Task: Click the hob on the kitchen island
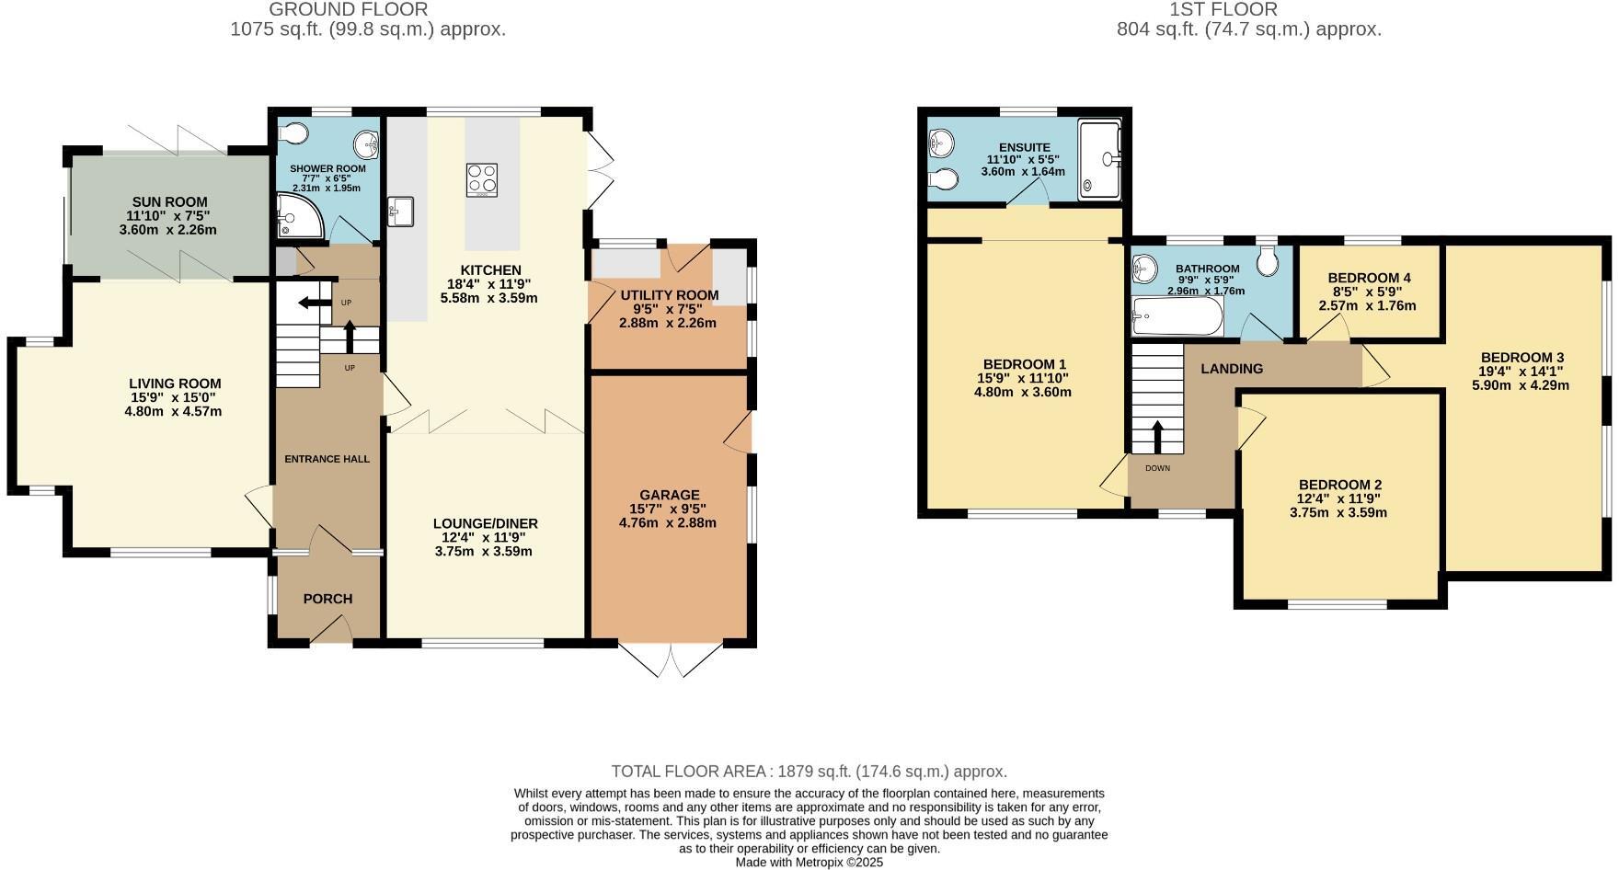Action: pyautogui.click(x=482, y=179)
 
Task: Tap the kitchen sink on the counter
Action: pyautogui.click(x=401, y=211)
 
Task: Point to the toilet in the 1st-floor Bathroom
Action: pyautogui.click(x=1267, y=261)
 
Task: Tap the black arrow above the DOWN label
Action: pyautogui.click(x=1156, y=437)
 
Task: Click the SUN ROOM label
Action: pyautogui.click(x=168, y=201)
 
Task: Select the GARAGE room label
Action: pyautogui.click(x=670, y=495)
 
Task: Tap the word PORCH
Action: pyautogui.click(x=327, y=599)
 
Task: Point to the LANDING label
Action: pyautogui.click(x=1232, y=369)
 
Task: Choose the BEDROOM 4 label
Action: pyautogui.click(x=1369, y=278)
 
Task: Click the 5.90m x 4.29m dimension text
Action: pyautogui.click(x=1521, y=385)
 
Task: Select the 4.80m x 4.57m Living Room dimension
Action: pyautogui.click(x=174, y=411)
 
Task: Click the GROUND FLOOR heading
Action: pyautogui.click(x=348, y=10)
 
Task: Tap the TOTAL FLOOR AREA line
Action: pyautogui.click(x=809, y=772)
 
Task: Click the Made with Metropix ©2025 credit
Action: pyautogui.click(x=809, y=863)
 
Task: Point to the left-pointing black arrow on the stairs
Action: pyautogui.click(x=313, y=303)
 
